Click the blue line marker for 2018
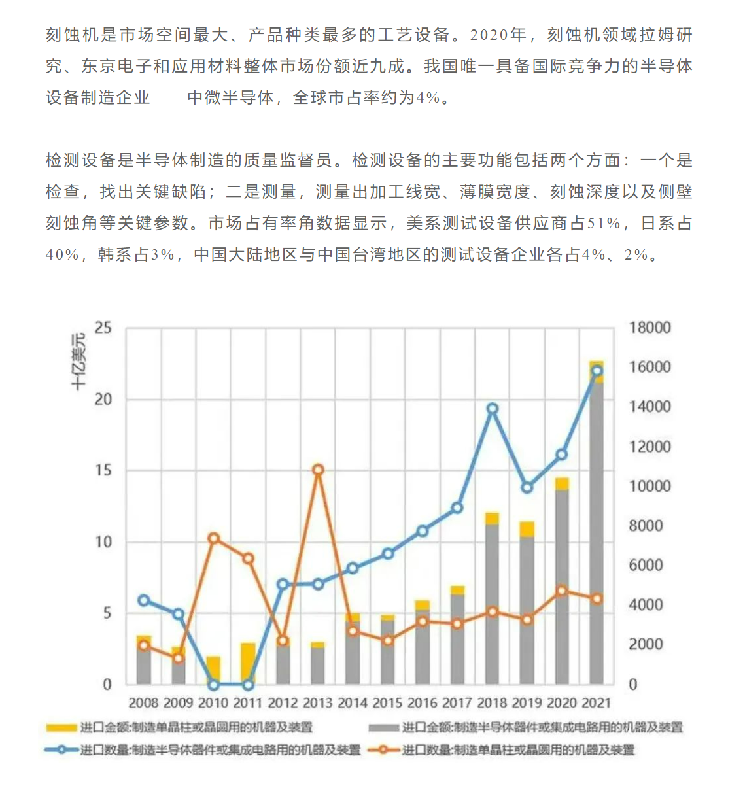click(493, 409)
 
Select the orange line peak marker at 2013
click(318, 470)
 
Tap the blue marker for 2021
click(597, 371)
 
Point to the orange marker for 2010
click(214, 539)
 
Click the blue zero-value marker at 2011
click(249, 685)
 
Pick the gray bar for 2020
click(562, 587)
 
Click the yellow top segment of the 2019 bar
click(527, 529)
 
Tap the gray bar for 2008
click(144, 666)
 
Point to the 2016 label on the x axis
click(423, 703)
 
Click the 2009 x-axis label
click(179, 703)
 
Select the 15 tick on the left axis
click(103, 471)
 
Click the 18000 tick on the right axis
click(650, 328)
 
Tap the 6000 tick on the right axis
click(646, 565)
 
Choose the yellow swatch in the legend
click(61, 729)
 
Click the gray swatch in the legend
click(383, 729)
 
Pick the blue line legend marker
click(61, 750)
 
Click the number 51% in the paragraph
click(603, 223)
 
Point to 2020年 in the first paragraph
click(498, 35)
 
